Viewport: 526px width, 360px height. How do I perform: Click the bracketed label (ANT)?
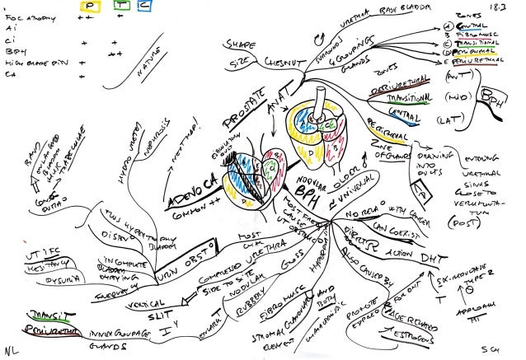pyautogui.click(x=454, y=76)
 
